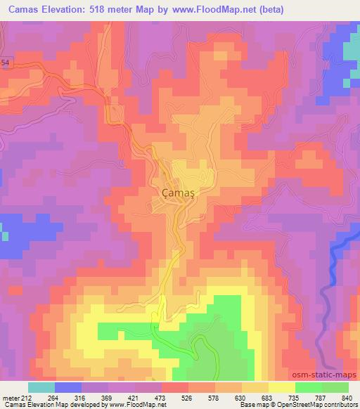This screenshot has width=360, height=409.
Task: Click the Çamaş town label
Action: (177, 191)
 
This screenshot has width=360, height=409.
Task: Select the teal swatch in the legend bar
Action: (40, 387)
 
